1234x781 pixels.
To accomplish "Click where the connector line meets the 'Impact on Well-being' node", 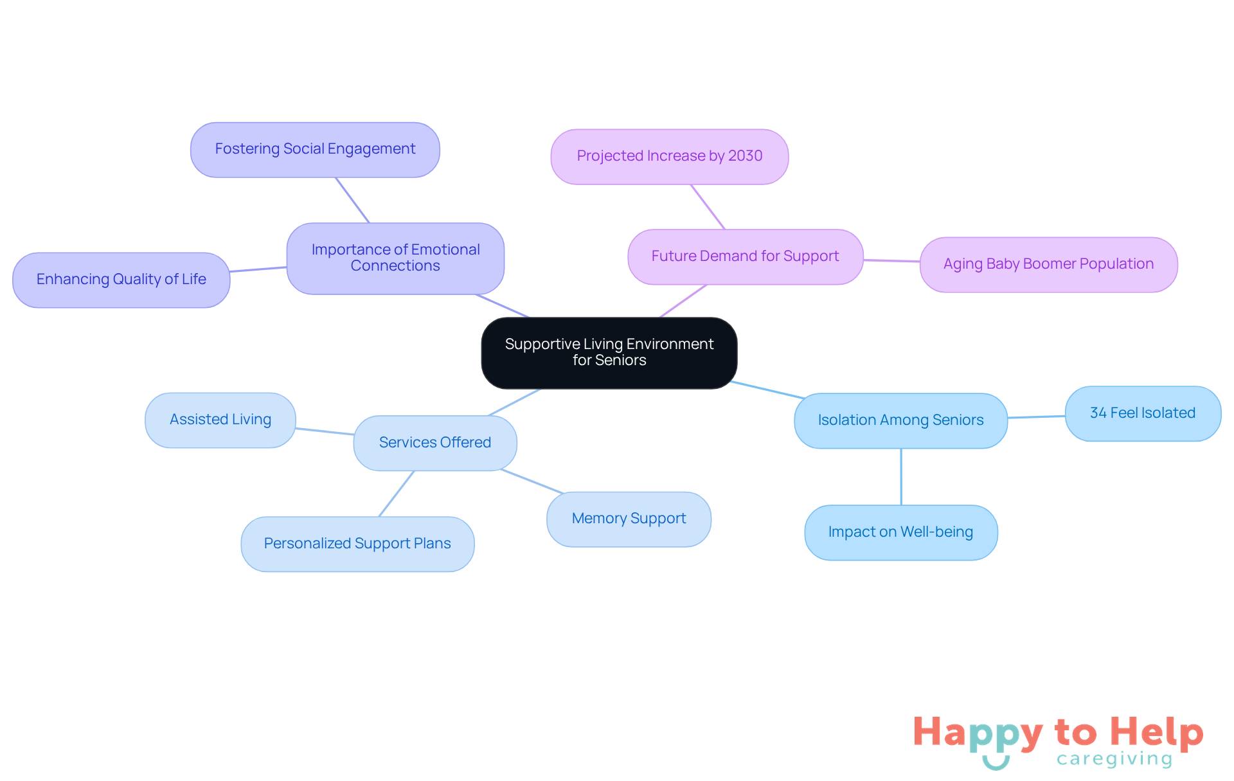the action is tap(901, 505).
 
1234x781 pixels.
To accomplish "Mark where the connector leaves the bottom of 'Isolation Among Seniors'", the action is tap(901, 449).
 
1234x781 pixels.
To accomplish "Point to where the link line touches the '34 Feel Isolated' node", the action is tap(1066, 417).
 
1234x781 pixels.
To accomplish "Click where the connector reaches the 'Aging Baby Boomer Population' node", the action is tap(920, 262).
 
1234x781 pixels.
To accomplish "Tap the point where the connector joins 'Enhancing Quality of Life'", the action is tap(230, 271).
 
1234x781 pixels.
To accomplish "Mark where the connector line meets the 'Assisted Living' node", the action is tap(296, 428).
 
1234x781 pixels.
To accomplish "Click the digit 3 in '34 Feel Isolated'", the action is tap(1094, 413).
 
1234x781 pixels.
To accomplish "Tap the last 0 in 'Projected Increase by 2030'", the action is tap(758, 156).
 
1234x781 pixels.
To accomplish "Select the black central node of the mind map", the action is tap(609, 353).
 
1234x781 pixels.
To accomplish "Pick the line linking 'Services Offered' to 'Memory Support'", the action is tap(532, 481).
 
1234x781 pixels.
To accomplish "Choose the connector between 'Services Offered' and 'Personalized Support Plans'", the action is tap(397, 494).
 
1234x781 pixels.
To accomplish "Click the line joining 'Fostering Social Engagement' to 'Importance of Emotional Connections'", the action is tap(352, 200).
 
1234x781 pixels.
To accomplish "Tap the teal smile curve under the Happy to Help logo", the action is tap(996, 763).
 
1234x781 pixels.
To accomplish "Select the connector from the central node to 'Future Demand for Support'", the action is tap(683, 301).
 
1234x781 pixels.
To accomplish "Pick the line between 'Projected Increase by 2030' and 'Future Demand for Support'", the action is tap(708, 207).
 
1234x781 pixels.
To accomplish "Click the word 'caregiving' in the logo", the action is tap(1114, 759).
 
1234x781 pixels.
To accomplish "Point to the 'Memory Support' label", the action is tap(629, 518).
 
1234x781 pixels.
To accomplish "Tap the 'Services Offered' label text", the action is tap(435, 442).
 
